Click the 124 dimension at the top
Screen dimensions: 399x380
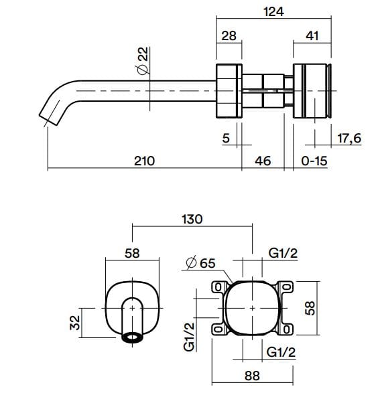coord(275,11)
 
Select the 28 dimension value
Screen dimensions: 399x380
coord(229,36)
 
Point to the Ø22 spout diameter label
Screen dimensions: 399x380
coord(141,60)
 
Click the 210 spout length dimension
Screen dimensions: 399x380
coord(144,161)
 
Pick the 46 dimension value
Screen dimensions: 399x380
coord(263,161)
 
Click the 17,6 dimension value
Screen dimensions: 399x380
coord(350,139)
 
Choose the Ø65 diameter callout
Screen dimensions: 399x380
coord(199,264)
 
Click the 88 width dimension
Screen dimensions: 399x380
coord(251,376)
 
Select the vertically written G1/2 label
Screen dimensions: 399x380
coord(190,337)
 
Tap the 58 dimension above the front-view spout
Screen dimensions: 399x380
coord(133,253)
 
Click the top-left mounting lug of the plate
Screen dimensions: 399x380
coord(217,287)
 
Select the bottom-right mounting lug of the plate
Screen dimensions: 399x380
coord(286,329)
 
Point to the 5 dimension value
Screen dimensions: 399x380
coord(225,139)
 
